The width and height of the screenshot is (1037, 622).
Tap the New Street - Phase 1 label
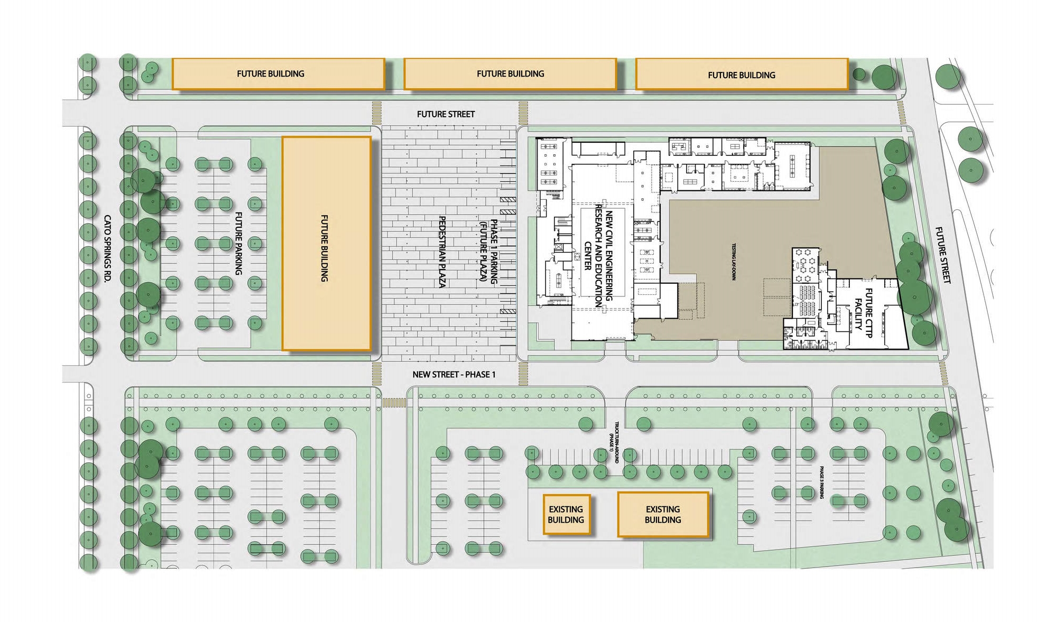453,375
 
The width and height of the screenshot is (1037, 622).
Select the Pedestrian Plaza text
442,252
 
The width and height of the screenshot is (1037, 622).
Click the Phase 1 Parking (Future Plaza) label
489,252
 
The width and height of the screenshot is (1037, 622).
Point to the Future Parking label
238,243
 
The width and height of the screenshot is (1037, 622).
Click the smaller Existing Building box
566,514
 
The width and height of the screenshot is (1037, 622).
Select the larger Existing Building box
663,514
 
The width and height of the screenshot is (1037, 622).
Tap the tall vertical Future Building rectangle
326,243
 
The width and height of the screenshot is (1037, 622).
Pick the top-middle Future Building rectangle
510,73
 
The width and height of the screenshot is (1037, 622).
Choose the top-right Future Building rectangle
741,75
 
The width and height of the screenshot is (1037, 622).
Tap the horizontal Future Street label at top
446,114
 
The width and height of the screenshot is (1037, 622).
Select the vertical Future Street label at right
942,255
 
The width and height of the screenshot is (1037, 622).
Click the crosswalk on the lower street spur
393,403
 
